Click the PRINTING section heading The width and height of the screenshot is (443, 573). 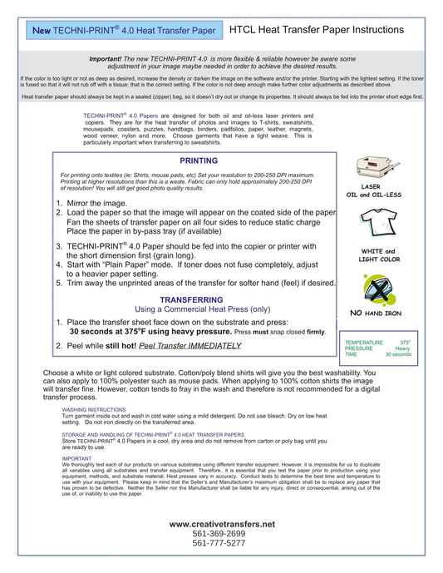[199, 161]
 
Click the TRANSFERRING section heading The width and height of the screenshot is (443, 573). [191, 300]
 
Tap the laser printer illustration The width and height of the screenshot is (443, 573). [377, 167]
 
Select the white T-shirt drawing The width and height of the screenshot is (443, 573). [378, 223]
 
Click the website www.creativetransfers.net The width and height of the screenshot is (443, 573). [222, 524]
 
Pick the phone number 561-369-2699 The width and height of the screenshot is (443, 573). [219, 534]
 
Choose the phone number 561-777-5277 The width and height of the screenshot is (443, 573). [219, 543]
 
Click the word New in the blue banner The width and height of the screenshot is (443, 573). [42, 31]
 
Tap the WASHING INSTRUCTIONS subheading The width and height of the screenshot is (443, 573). [94, 410]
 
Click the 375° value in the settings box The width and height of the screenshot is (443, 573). [405, 343]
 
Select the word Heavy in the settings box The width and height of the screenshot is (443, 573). [402, 348]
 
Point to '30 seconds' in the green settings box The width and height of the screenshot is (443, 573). [398, 354]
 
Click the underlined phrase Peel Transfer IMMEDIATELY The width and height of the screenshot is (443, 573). [190, 346]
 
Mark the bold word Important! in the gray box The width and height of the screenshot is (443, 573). [106, 59]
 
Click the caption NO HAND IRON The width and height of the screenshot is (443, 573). [376, 314]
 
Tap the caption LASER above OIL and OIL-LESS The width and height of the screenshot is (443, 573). [371, 187]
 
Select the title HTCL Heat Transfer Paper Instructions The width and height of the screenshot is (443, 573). [317, 30]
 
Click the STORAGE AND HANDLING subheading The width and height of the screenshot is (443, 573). [153, 434]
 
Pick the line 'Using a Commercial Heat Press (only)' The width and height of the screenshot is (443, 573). [203, 309]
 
